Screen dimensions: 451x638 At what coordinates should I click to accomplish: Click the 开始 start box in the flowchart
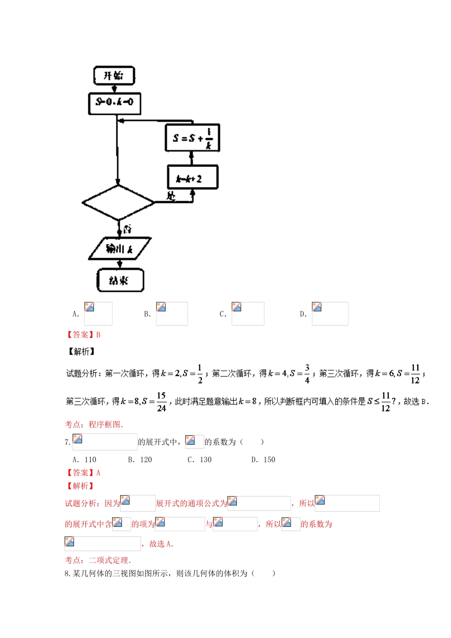114,75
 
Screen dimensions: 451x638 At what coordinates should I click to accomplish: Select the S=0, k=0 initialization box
114,103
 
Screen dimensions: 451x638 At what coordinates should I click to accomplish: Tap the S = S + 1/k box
192,138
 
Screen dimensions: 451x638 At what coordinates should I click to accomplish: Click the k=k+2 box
192,177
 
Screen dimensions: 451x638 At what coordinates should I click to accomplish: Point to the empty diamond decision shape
118,203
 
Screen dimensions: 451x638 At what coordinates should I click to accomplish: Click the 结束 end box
120,280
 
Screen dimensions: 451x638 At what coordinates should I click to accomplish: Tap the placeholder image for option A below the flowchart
98,314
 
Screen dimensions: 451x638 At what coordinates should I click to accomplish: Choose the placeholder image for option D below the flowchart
329,314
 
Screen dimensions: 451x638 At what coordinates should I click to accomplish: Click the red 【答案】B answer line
83,335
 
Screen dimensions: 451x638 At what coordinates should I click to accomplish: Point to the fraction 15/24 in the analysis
161,402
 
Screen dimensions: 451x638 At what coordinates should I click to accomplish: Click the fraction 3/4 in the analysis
307,374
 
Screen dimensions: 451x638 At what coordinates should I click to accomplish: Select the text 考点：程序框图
94,424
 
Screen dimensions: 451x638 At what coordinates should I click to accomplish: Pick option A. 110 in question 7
84,460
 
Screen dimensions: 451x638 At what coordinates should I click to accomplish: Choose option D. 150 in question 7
263,460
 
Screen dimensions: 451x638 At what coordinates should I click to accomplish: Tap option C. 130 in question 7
199,460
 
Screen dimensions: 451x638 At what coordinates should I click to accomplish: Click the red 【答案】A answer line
83,473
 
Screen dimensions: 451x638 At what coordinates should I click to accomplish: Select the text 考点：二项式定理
98,560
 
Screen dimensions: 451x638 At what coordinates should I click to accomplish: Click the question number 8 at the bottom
67,573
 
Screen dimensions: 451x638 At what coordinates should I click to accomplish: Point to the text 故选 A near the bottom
161,544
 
